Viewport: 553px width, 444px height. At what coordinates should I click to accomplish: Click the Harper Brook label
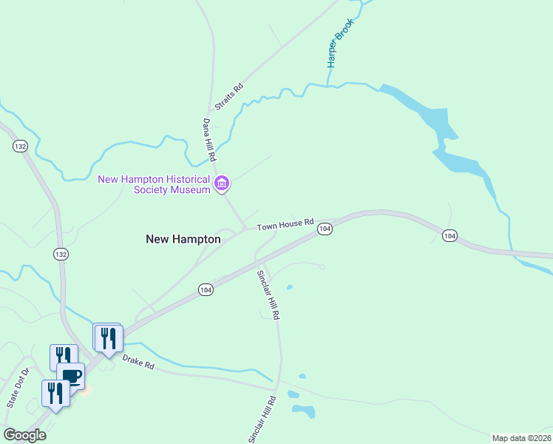(x=342, y=44)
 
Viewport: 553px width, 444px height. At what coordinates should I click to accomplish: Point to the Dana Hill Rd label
(x=209, y=140)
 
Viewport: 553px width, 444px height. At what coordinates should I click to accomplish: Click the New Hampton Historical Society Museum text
(x=154, y=184)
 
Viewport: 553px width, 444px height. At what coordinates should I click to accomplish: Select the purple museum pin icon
(x=221, y=184)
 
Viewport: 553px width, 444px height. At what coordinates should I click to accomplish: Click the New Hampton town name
(x=183, y=239)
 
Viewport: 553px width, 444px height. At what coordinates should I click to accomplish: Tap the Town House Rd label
(x=285, y=223)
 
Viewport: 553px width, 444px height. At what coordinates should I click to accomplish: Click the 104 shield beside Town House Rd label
(x=324, y=230)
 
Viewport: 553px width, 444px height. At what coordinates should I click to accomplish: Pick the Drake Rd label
(x=138, y=363)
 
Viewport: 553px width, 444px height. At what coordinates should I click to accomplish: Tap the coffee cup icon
(x=71, y=376)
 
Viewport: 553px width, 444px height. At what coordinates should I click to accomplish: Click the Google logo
(x=24, y=434)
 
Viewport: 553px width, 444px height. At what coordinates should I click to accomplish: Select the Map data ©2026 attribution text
(x=521, y=437)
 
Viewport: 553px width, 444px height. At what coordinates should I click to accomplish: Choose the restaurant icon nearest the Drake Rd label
(x=109, y=338)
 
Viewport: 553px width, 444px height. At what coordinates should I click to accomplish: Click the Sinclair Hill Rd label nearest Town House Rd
(x=269, y=294)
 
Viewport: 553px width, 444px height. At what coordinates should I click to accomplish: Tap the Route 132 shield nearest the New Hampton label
(x=61, y=254)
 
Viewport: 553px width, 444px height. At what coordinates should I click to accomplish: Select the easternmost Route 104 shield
(x=449, y=235)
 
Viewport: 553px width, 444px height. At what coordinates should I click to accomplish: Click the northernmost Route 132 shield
(x=20, y=147)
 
